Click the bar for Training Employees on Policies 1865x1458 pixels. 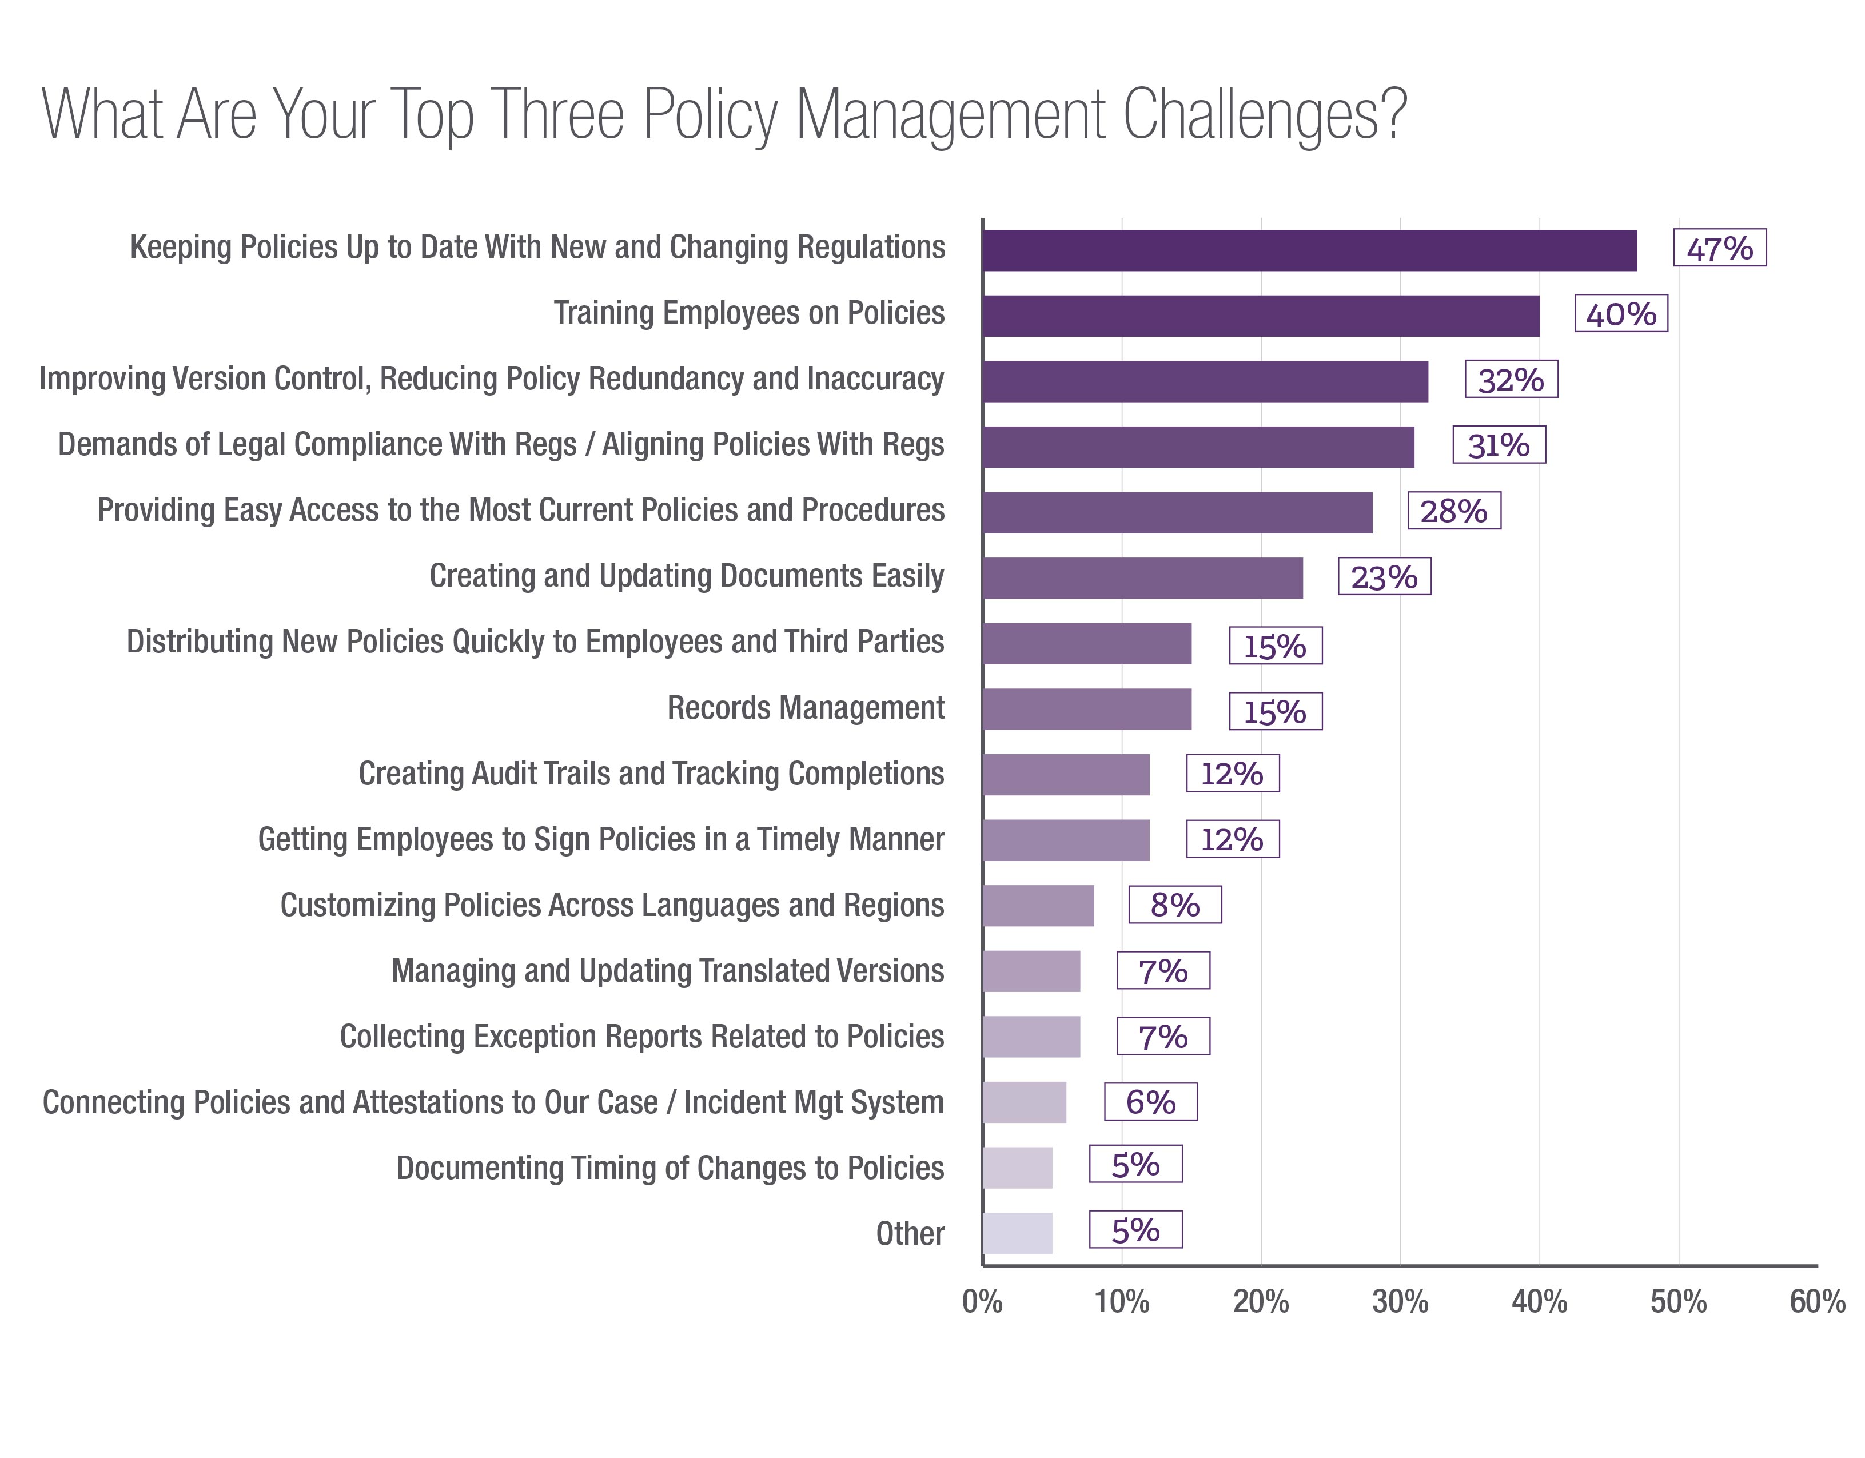[x=1261, y=316]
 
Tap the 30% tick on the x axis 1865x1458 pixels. [x=1400, y=1302]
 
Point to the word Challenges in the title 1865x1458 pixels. [x=1264, y=115]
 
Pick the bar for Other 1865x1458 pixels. [x=1017, y=1233]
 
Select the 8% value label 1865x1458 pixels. [x=1174, y=905]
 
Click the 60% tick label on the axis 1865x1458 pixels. [x=1817, y=1302]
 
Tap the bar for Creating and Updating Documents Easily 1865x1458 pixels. [x=1142, y=578]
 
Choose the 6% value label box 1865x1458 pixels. [x=1150, y=1102]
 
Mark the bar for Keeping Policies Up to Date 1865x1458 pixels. [x=1309, y=250]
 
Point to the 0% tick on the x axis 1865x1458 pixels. [x=982, y=1302]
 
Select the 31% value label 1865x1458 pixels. [x=1499, y=445]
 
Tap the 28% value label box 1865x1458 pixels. [x=1453, y=511]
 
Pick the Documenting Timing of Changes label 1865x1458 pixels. [x=670, y=1168]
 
